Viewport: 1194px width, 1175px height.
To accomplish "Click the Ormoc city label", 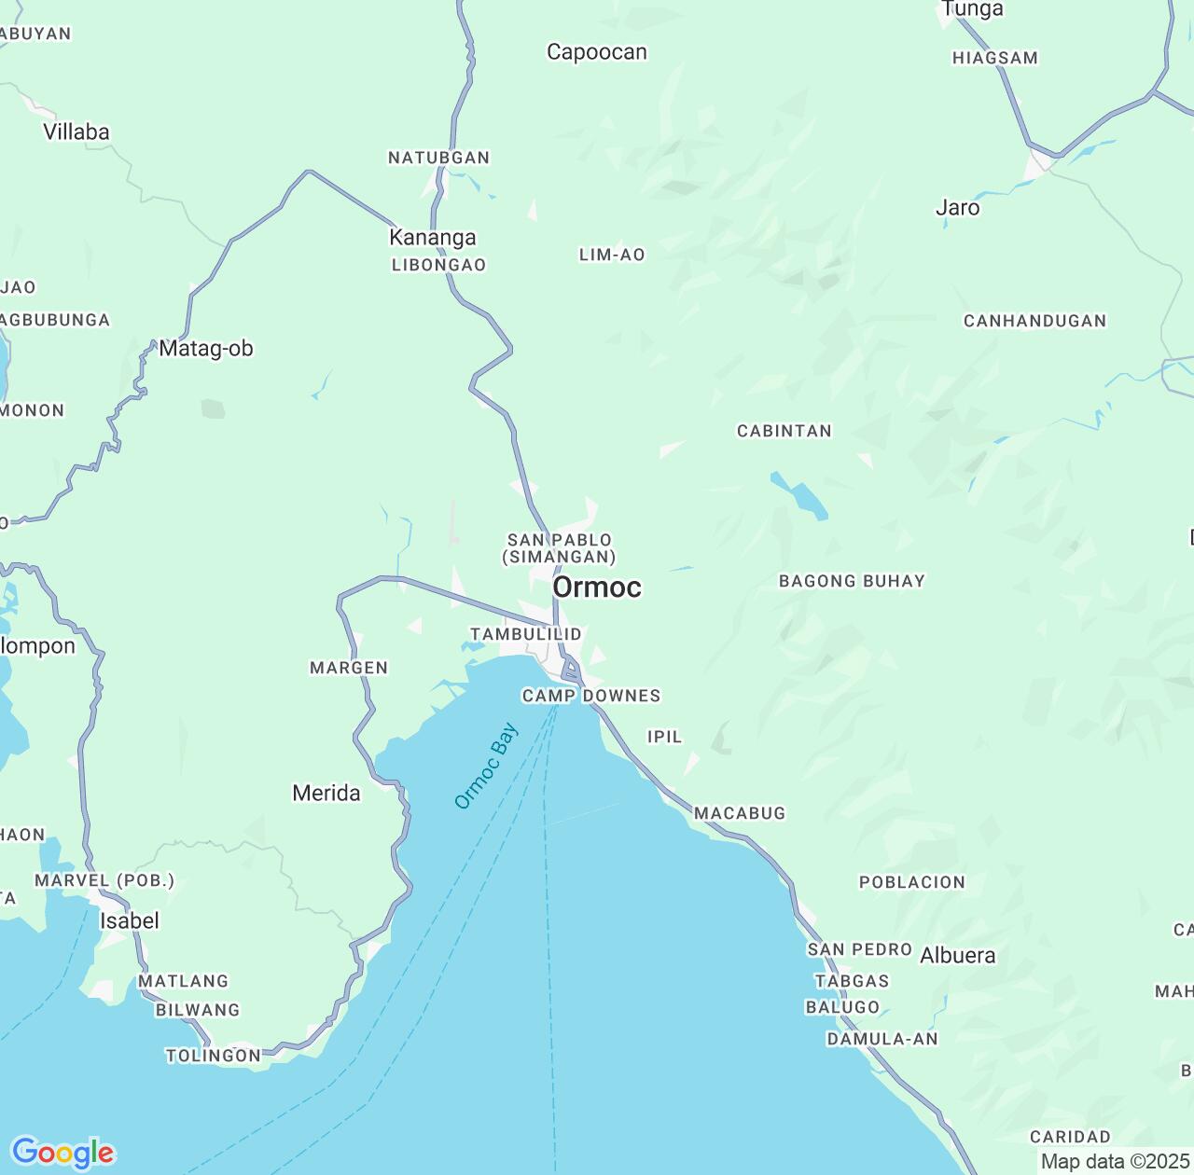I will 597,587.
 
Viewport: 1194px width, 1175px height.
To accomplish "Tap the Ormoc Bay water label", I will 486,767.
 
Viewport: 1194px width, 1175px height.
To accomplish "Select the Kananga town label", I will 433,237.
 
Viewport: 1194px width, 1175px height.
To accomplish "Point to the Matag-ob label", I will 206,348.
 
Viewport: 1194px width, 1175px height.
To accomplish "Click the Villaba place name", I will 76,131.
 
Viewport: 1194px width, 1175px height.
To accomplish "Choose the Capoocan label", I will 597,52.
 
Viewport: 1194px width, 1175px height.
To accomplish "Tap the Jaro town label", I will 958,207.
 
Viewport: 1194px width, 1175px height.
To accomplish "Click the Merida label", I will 326,793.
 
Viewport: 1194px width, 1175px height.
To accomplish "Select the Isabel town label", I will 130,920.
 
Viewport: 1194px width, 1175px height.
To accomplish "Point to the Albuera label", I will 958,955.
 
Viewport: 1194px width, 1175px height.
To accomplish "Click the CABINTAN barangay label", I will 784,431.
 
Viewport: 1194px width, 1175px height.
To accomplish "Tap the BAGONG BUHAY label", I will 852,581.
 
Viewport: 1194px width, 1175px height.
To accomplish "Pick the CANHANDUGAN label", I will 1034,321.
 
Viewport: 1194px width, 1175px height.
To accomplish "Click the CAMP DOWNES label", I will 591,696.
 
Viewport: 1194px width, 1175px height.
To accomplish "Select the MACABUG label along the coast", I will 740,813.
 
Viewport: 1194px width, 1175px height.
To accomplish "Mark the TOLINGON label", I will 214,1056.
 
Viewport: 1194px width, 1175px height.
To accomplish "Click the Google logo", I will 62,1153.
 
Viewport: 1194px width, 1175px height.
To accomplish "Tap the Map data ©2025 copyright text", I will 1115,1162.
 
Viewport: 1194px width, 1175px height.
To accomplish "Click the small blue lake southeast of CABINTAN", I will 799,495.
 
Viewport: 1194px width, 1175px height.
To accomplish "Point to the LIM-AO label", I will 612,255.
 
